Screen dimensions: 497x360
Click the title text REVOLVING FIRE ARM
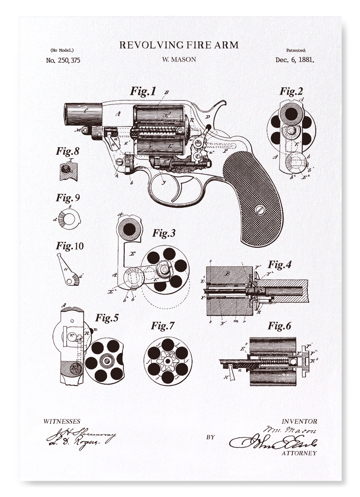(179, 45)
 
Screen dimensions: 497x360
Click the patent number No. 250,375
(63, 60)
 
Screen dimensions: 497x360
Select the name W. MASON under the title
(179, 59)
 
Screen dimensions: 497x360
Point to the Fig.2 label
(291, 91)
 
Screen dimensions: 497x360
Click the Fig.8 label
(67, 151)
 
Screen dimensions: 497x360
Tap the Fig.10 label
(70, 246)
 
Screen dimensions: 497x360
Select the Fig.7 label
(162, 326)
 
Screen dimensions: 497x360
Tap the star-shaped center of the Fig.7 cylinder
(168, 360)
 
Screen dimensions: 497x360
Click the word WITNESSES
(62, 422)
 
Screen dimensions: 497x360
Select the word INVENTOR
(299, 421)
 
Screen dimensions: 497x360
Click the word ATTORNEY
(299, 453)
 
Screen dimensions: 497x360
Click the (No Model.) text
(62, 50)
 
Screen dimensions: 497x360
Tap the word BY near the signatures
(210, 437)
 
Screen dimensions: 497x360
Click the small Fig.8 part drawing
(68, 171)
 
